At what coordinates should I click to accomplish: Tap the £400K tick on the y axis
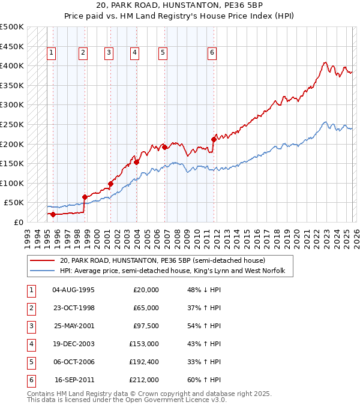(12, 65)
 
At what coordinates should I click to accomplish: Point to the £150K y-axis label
(12, 163)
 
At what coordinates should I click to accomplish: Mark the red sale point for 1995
(53, 214)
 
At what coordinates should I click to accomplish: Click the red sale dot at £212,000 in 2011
(214, 139)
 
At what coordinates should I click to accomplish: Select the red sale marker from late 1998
(85, 197)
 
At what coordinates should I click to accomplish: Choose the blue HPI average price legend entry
(176, 271)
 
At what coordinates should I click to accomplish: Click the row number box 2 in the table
(30, 308)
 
